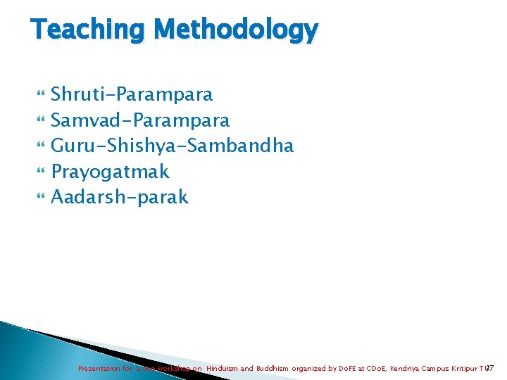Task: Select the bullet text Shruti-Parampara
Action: [x=132, y=94]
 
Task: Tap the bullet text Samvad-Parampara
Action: [x=140, y=120]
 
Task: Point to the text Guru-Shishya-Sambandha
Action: [x=173, y=146]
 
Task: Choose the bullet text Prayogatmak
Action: [x=111, y=171]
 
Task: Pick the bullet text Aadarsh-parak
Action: [x=120, y=197]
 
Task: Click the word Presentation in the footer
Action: [x=99, y=368]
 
